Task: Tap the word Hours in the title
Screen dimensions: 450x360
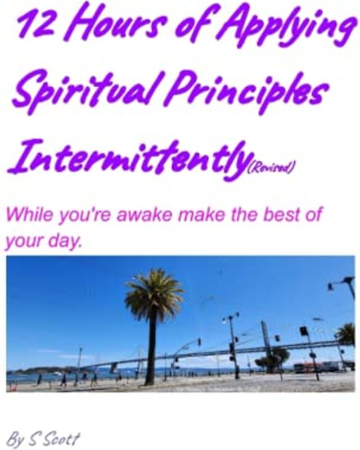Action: click(x=112, y=25)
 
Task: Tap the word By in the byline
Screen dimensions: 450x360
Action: click(x=16, y=438)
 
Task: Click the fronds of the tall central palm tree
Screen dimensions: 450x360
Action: click(x=153, y=296)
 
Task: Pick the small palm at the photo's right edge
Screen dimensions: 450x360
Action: click(x=345, y=335)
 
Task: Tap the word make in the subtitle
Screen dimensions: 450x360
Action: click(x=197, y=215)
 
